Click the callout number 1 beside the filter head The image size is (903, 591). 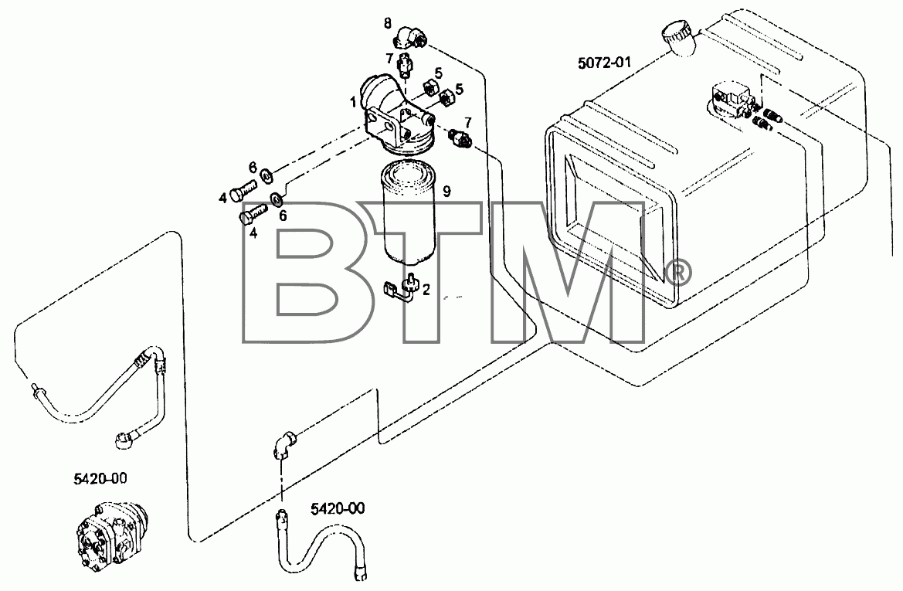(352, 103)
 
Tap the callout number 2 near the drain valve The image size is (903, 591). (426, 290)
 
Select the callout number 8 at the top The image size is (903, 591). (388, 23)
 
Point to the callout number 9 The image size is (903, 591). (446, 192)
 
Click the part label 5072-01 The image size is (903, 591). (604, 63)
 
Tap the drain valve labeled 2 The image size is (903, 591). (401, 287)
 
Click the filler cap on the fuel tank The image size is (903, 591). (679, 37)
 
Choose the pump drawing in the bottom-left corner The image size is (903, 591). (113, 531)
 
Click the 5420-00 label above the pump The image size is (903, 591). (100, 478)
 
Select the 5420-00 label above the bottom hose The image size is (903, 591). (338, 508)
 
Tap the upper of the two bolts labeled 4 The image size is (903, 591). (244, 191)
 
